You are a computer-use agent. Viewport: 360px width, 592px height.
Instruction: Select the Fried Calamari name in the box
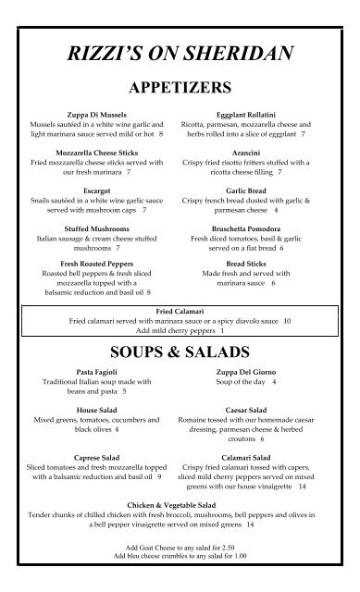coord(179,312)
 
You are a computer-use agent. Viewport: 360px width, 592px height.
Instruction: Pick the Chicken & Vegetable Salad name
coord(180,505)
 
